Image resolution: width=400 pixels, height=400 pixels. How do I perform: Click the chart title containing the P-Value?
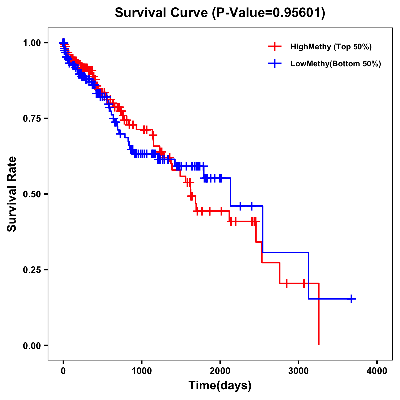[220, 13]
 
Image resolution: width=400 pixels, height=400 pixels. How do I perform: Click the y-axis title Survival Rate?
[12, 194]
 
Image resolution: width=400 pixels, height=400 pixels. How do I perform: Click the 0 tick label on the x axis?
[63, 371]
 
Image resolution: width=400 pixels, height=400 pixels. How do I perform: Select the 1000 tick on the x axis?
[142, 371]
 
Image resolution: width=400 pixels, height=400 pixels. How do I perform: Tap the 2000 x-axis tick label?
[220, 371]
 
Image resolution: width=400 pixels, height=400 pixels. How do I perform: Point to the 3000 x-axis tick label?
[299, 371]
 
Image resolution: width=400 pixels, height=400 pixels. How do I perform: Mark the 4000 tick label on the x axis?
[377, 371]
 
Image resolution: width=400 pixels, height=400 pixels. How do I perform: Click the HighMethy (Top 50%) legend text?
[331, 47]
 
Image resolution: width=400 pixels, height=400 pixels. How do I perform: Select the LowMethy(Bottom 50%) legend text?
[336, 64]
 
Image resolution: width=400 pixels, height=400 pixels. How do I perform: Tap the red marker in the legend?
[275, 47]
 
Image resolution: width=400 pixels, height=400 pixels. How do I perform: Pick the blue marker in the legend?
[275, 64]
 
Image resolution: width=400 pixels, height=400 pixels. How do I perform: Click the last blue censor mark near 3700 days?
[351, 299]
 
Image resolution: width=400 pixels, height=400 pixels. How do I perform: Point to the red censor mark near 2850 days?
[286, 283]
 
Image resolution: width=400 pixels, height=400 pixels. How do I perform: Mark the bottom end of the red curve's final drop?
[319, 344]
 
